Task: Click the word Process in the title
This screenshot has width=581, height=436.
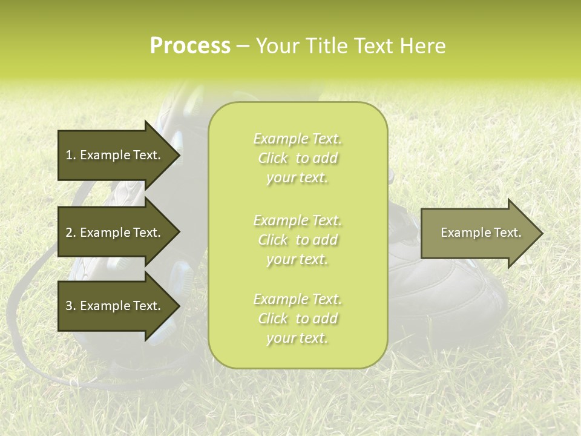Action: coord(190,46)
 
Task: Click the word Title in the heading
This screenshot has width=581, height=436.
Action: coord(326,46)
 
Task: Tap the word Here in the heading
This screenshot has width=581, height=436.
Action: coord(423,46)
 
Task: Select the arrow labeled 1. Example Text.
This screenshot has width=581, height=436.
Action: coord(113,155)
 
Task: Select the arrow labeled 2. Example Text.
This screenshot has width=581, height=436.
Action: coord(113,233)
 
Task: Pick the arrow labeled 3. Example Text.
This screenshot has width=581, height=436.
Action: coord(113,306)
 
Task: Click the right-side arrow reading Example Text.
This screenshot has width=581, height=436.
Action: coord(481,233)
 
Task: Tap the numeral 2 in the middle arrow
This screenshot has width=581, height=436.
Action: coord(69,233)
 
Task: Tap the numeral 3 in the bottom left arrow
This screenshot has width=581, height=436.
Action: coord(69,306)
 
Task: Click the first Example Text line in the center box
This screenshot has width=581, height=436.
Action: coord(297,139)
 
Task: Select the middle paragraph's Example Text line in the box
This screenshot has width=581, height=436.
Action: coord(297,220)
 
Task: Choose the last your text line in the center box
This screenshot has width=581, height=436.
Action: coord(297,339)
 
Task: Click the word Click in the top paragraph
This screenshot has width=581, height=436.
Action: coord(273,159)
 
